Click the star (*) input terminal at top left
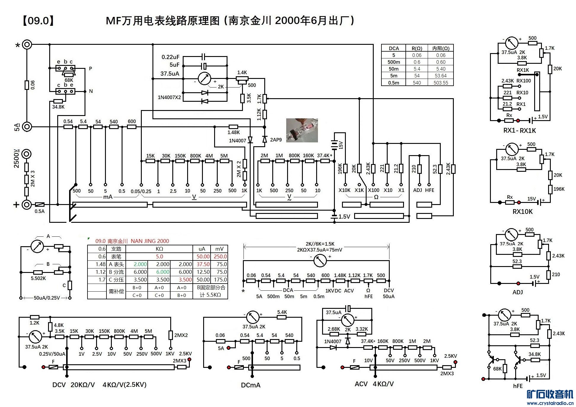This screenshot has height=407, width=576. [27, 45]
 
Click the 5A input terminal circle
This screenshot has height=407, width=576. [27, 127]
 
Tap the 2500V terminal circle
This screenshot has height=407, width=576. [27, 154]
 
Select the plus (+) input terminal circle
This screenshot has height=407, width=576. [27, 204]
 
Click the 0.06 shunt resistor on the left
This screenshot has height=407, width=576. [27, 85]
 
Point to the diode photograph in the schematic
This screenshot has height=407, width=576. [302, 130]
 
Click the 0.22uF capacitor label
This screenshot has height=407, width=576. [170, 57]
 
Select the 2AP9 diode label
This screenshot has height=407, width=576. [276, 140]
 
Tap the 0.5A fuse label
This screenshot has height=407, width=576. [39, 212]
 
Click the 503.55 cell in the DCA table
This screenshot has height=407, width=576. [441, 83]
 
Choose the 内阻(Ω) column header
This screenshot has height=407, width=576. [441, 48]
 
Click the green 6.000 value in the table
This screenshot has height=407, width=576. [163, 272]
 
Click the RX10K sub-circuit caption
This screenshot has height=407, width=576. [523, 212]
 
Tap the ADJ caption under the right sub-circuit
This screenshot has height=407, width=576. [518, 292]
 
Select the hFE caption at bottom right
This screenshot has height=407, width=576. [518, 386]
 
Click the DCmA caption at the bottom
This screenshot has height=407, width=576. [251, 385]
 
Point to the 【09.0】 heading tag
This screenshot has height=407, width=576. [38, 21]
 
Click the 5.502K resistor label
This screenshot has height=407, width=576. [38, 278]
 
